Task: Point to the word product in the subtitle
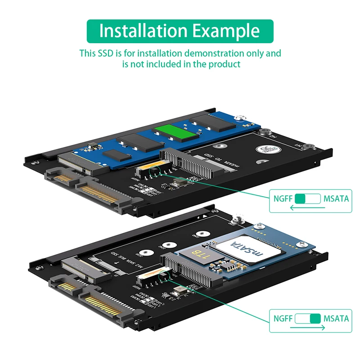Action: click(224, 64)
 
